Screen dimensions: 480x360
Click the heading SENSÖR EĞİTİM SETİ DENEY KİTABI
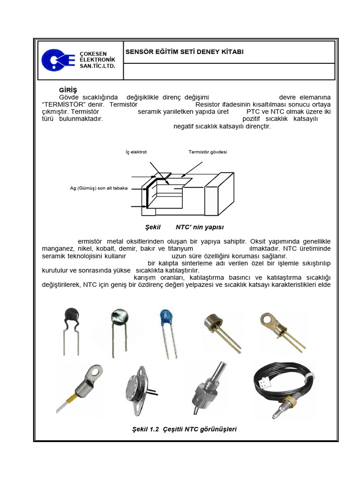click(x=184, y=52)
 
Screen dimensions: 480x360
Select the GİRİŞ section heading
click(x=67, y=90)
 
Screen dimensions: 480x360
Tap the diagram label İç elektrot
click(x=136, y=152)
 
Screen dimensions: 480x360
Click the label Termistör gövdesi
click(x=208, y=152)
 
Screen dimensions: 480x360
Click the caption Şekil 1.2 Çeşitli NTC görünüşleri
click(x=185, y=429)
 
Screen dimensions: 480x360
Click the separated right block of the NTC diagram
click(x=219, y=194)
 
